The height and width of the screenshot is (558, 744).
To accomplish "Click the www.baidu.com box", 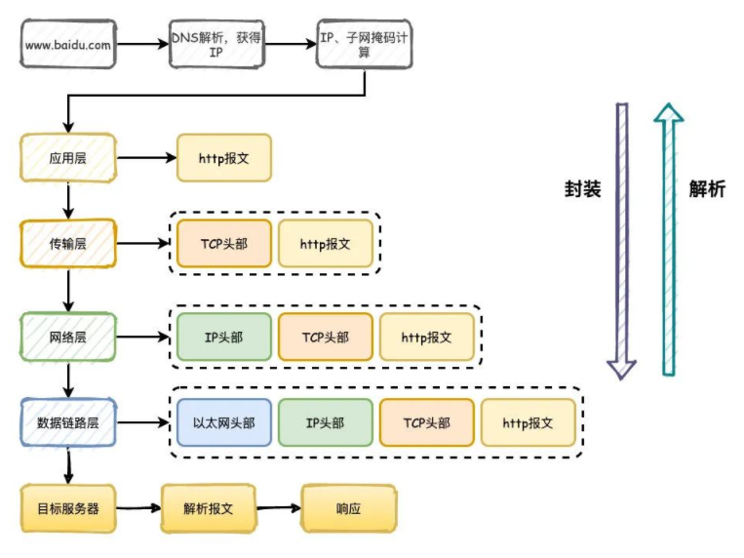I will click(x=66, y=44).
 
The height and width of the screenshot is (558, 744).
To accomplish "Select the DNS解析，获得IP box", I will click(x=216, y=44).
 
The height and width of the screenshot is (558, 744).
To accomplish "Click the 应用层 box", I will click(x=68, y=157).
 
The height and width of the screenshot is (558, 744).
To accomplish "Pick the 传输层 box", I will click(x=68, y=244).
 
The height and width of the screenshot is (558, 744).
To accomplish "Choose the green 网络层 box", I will click(x=68, y=337).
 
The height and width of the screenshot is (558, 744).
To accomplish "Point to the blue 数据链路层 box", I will click(x=68, y=423).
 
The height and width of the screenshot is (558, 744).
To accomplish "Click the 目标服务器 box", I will click(x=68, y=508).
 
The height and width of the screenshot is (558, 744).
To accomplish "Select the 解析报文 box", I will click(x=208, y=508).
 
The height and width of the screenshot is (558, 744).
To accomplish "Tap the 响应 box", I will click(x=349, y=508).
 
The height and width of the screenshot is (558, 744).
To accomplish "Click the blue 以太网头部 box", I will click(x=224, y=423).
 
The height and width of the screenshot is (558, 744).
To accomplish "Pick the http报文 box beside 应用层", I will click(x=224, y=157).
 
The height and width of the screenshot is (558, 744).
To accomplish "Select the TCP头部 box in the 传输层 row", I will click(x=224, y=244).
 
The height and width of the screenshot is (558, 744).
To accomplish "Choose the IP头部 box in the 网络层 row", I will click(x=224, y=337).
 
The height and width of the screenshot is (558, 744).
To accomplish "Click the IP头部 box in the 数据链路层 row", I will click(x=326, y=423).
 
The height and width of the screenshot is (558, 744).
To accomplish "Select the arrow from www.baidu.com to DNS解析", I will click(x=140, y=44).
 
